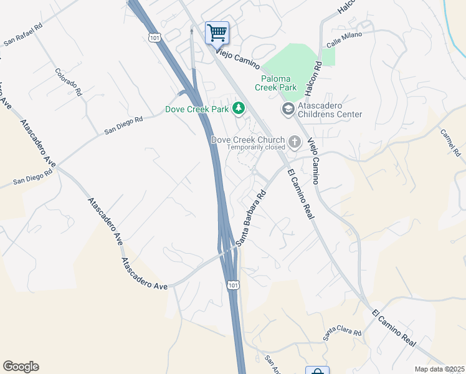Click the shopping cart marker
point(217,32)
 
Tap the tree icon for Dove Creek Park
point(238,109)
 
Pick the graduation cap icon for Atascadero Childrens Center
point(288,110)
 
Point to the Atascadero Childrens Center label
point(330,110)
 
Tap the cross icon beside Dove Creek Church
point(295,141)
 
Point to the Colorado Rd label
point(69,82)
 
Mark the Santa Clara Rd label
point(342,333)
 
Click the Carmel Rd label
point(449,143)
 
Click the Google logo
point(21,367)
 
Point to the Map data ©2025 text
point(439,369)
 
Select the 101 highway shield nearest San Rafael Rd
point(155,38)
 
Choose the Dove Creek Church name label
point(248,140)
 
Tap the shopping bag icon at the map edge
point(317,371)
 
